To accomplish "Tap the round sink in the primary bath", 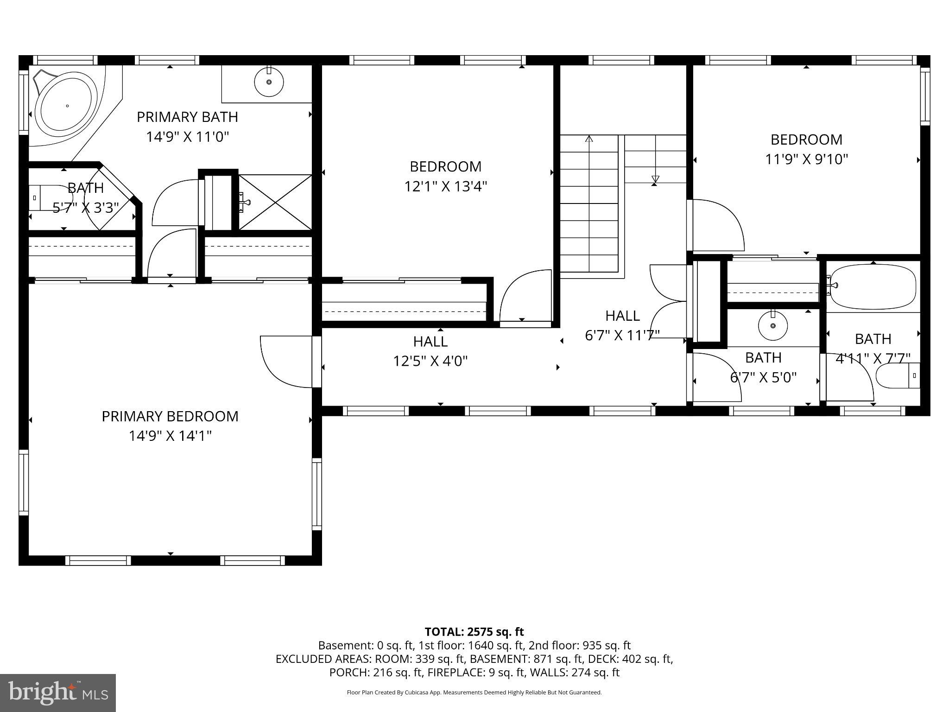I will point(269,82).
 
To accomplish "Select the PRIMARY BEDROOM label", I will point(170,416).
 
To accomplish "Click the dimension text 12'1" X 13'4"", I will point(445,186).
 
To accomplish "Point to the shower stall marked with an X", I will point(275,202).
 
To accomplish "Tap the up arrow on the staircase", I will point(589,139).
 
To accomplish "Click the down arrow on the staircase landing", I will point(655,179).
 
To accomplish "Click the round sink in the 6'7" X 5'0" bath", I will point(772,325).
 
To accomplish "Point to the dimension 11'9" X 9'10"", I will point(806,159).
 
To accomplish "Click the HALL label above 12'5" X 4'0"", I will point(430,342).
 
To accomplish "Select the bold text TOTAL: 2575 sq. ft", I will point(474,631).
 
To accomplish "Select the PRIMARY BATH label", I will point(187,117).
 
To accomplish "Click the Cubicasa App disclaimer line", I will point(474,693).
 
